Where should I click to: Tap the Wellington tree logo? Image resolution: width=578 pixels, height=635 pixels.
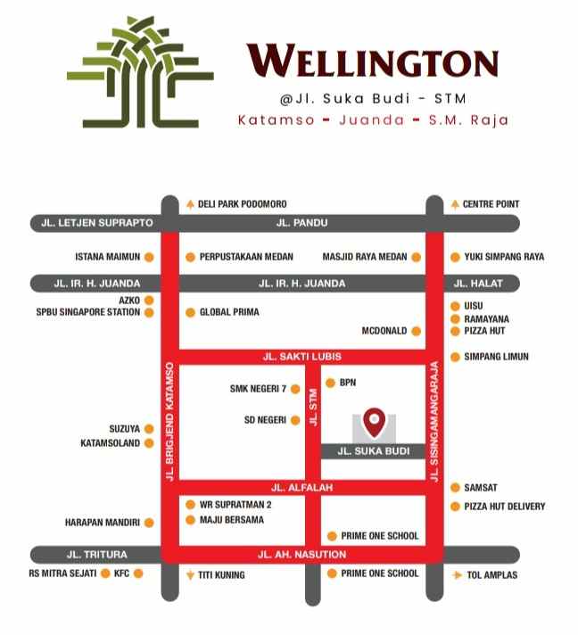[140, 72]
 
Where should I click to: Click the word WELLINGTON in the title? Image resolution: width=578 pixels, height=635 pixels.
[372, 62]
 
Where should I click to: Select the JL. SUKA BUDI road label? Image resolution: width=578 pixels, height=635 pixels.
[374, 451]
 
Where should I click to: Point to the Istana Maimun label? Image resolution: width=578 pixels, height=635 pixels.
[108, 257]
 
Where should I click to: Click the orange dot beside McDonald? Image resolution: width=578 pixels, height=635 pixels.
[416, 331]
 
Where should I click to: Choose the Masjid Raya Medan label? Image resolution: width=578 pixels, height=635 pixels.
[365, 257]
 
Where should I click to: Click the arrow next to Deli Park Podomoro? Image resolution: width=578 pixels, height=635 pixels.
[190, 204]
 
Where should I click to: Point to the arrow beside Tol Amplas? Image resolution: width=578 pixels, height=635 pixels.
[457, 575]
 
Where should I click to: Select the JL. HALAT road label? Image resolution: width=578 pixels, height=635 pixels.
[479, 284]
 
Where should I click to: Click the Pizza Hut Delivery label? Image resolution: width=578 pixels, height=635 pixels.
[504, 507]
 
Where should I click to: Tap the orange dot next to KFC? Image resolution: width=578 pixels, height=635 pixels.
[138, 573]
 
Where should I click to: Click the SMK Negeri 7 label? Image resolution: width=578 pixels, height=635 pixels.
[259, 389]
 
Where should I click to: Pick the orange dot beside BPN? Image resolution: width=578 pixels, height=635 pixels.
[330, 383]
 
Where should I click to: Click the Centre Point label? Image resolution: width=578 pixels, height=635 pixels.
[491, 204]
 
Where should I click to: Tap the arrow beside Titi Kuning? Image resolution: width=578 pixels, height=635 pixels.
[190, 575]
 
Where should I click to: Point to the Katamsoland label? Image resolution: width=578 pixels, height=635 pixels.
[111, 442]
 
